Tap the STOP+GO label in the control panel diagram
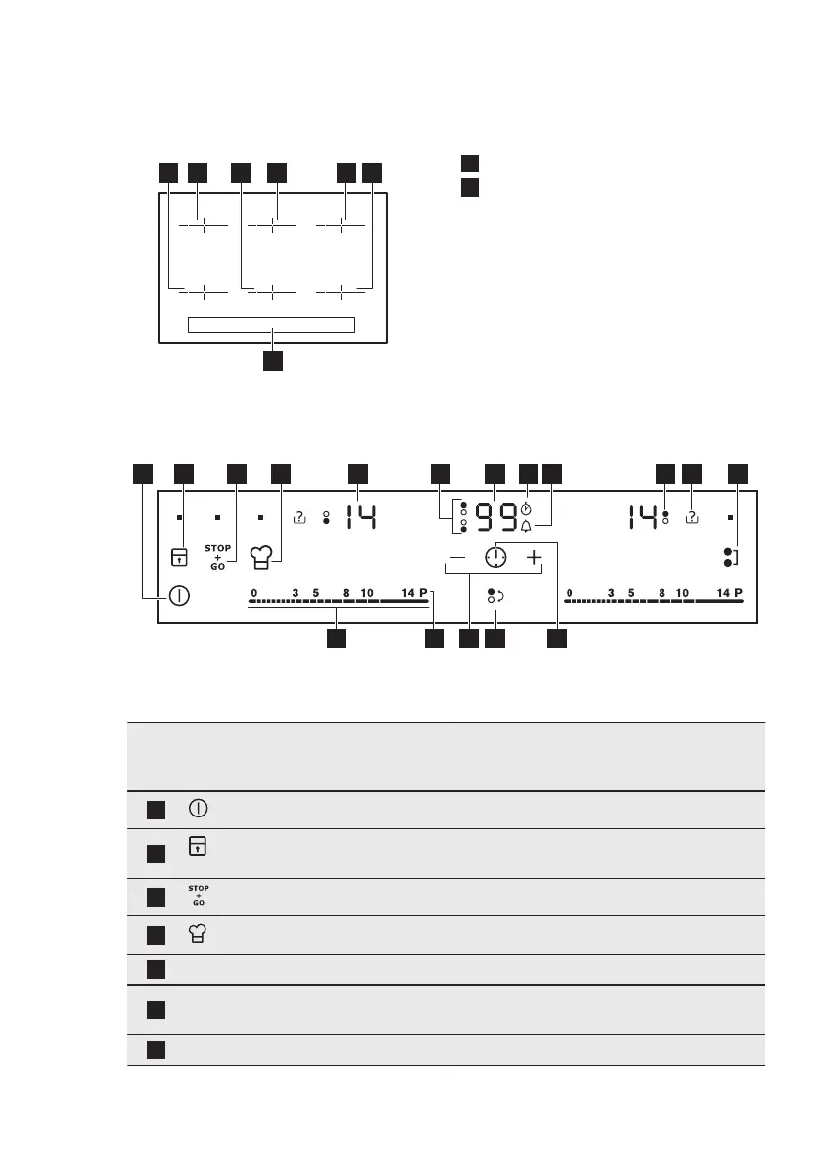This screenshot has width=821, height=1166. [217, 557]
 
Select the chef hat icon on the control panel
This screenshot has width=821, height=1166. [259, 558]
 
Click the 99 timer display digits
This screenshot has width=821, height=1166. [494, 516]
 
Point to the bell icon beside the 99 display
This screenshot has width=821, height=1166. [526, 527]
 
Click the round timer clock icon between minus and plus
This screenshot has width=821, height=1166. [496, 557]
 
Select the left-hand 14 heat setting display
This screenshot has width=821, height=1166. [358, 516]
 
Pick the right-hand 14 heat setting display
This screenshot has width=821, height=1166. [642, 516]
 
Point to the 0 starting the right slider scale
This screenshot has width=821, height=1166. [570, 593]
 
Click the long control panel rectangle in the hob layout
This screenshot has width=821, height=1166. [271, 325]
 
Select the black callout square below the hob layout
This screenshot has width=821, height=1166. [273, 360]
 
